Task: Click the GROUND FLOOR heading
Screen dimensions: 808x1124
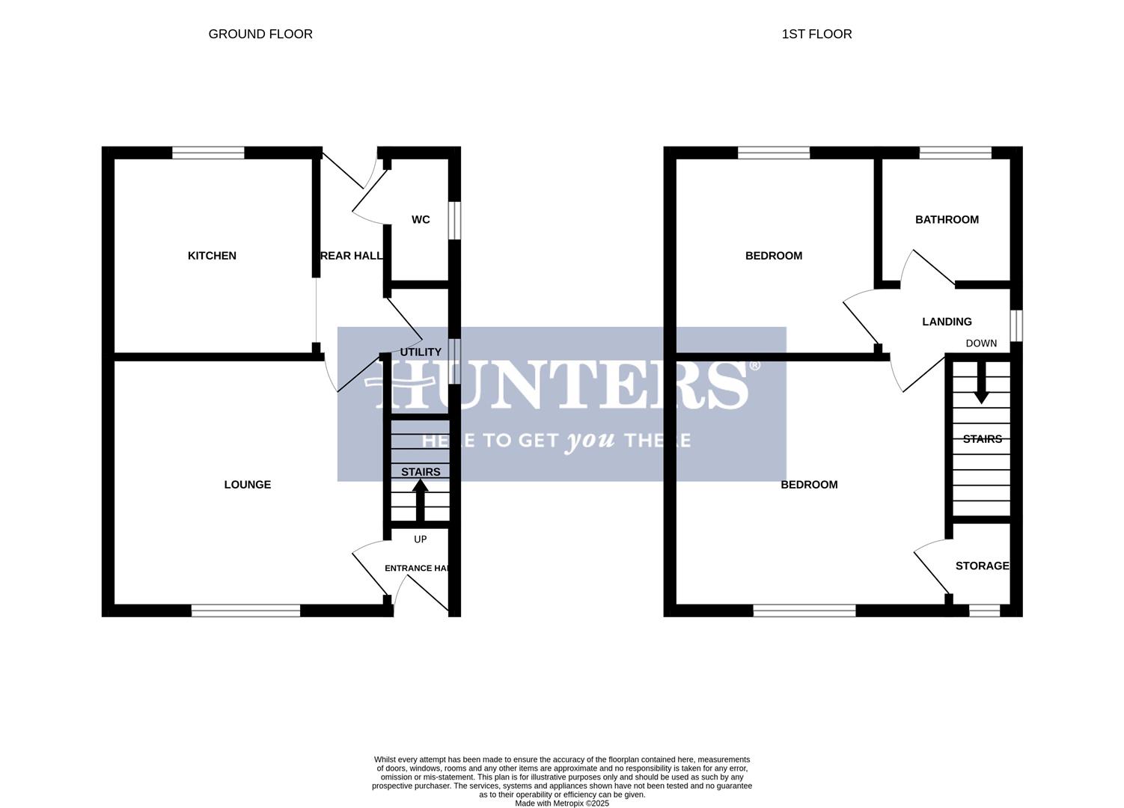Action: (x=260, y=34)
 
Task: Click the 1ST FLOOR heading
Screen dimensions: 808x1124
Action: (x=816, y=34)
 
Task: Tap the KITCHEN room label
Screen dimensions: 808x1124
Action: (x=212, y=256)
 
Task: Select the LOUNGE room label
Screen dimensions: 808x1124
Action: (x=248, y=485)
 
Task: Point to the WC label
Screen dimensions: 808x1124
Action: (x=421, y=220)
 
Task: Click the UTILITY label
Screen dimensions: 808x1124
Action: (x=421, y=352)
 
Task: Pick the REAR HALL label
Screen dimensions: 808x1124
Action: (x=352, y=256)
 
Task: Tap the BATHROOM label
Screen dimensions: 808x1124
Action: (x=947, y=220)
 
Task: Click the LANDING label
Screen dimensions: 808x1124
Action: (x=947, y=322)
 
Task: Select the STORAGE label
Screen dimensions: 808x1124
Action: (x=982, y=566)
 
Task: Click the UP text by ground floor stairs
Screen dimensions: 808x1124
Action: (x=421, y=539)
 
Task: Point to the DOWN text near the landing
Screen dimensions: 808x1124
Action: (x=981, y=343)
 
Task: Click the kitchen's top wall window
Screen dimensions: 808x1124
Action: (x=208, y=153)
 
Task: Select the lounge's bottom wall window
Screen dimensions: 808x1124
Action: (x=245, y=611)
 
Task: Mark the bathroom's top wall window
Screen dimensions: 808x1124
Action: (x=956, y=153)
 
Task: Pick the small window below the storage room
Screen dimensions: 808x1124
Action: (x=984, y=611)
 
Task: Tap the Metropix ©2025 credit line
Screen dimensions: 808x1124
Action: (x=561, y=804)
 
